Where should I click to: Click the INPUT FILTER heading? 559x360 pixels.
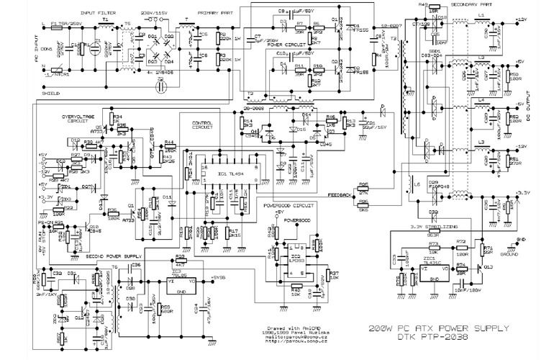97,13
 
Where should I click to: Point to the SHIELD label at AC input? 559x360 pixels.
51,92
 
